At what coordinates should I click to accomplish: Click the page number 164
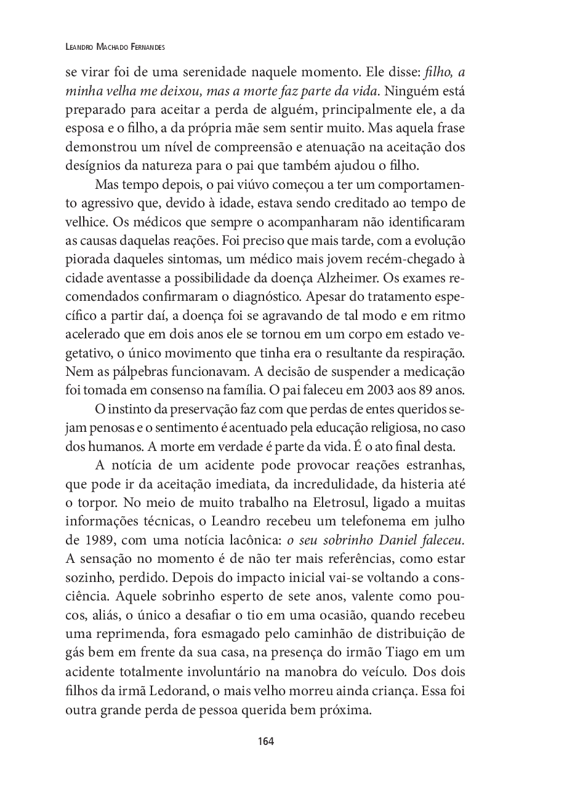[x=266, y=741]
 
